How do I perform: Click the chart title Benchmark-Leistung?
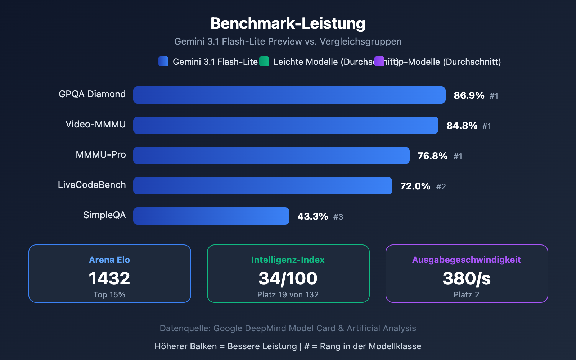pos(288,24)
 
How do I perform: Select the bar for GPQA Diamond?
pos(289,95)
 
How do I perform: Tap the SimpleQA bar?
pos(211,216)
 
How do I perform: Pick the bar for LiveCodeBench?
pos(262,186)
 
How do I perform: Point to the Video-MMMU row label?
pos(95,125)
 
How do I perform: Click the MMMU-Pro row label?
pos(100,155)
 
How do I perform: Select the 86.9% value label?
pos(469,95)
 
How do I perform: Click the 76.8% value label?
pos(432,156)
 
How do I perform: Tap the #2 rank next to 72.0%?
pos(441,186)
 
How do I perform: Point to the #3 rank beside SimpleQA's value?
pos(338,217)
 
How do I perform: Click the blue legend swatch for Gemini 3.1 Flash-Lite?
pos(163,61)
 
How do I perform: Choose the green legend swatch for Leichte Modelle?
pos(264,61)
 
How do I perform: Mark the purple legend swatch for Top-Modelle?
pos(379,61)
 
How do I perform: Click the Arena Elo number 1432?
pos(109,278)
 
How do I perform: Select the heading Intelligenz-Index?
pos(288,260)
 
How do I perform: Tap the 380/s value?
pos(467,278)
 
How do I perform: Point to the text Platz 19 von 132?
pos(288,295)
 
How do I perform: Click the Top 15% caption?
pos(109,295)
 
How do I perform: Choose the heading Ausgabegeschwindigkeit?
pos(467,260)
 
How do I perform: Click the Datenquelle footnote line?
pos(288,328)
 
